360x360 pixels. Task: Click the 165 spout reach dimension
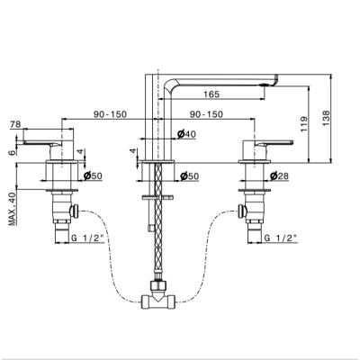click(x=211, y=94)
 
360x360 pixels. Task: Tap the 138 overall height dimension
click(x=326, y=118)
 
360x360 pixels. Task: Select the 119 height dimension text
click(x=304, y=124)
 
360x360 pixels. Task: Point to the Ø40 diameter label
click(x=186, y=134)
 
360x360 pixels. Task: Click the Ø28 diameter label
click(x=279, y=176)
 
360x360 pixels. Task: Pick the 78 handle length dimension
click(x=15, y=124)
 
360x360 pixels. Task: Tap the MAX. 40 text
click(x=12, y=209)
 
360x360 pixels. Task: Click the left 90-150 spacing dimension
click(x=110, y=114)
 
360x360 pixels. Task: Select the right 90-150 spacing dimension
click(x=206, y=114)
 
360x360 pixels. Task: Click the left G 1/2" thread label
click(x=87, y=238)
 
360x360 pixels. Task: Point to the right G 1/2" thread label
click(x=281, y=238)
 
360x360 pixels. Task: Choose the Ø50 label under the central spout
click(x=190, y=176)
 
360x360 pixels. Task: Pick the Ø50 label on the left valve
click(x=93, y=176)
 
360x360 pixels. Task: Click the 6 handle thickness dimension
click(x=12, y=152)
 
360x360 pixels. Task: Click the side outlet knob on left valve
click(x=74, y=211)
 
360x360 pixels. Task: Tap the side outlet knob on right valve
click(x=242, y=211)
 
